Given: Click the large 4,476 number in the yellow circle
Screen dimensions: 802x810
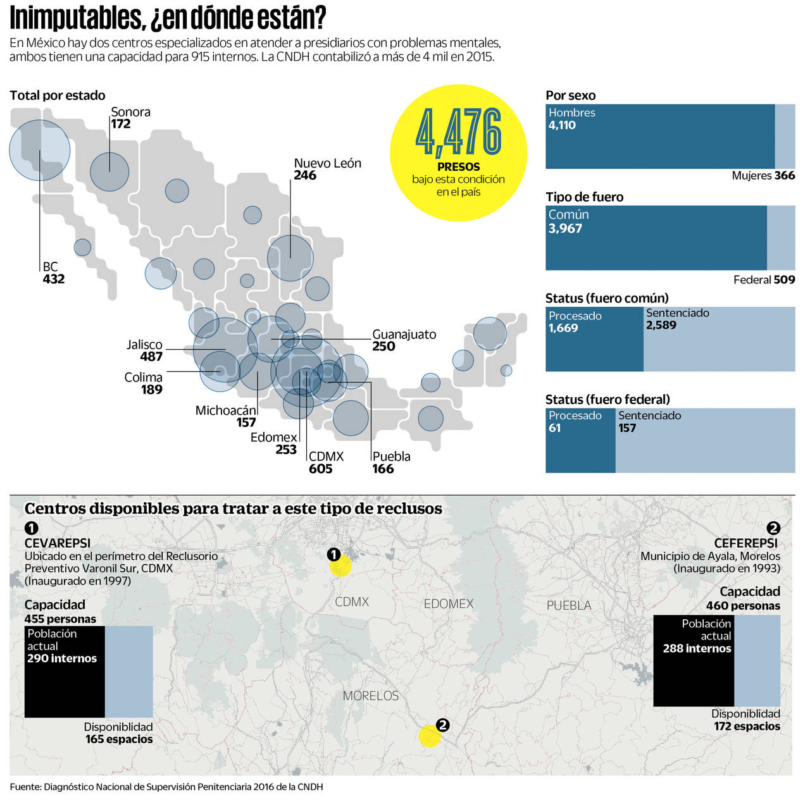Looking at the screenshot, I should click(459, 132).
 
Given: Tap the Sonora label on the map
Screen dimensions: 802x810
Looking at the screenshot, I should click(130, 112).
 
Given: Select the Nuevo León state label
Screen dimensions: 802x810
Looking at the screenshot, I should click(327, 163).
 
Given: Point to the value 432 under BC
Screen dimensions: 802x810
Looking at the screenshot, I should click(54, 279).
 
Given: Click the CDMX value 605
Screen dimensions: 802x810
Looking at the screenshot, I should click(320, 469).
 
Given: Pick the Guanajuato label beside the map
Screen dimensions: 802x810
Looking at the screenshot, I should click(404, 335).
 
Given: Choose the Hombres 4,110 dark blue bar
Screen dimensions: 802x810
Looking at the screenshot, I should click(660, 137).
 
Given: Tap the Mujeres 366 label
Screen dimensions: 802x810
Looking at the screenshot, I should click(763, 176).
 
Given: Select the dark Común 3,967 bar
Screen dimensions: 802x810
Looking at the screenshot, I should click(656, 238).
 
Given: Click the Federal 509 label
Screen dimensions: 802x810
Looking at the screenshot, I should click(764, 280).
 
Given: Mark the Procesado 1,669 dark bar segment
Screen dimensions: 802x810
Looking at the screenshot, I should click(594, 339).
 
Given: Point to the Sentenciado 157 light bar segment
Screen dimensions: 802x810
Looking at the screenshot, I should click(705, 440).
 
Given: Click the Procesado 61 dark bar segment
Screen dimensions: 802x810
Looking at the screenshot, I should click(580, 440).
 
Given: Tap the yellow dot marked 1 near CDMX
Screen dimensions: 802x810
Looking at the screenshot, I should click(340, 566).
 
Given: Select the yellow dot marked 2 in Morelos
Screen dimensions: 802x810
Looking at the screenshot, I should click(430, 736).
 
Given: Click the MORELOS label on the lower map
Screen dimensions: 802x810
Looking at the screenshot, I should click(371, 696).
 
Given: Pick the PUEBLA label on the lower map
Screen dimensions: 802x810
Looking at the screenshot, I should click(569, 605).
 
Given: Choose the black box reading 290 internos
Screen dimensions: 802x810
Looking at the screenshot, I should click(65, 672).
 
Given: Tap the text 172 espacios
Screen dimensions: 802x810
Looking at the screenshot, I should click(747, 726).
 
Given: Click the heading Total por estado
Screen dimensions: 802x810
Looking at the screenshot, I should click(58, 96).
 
